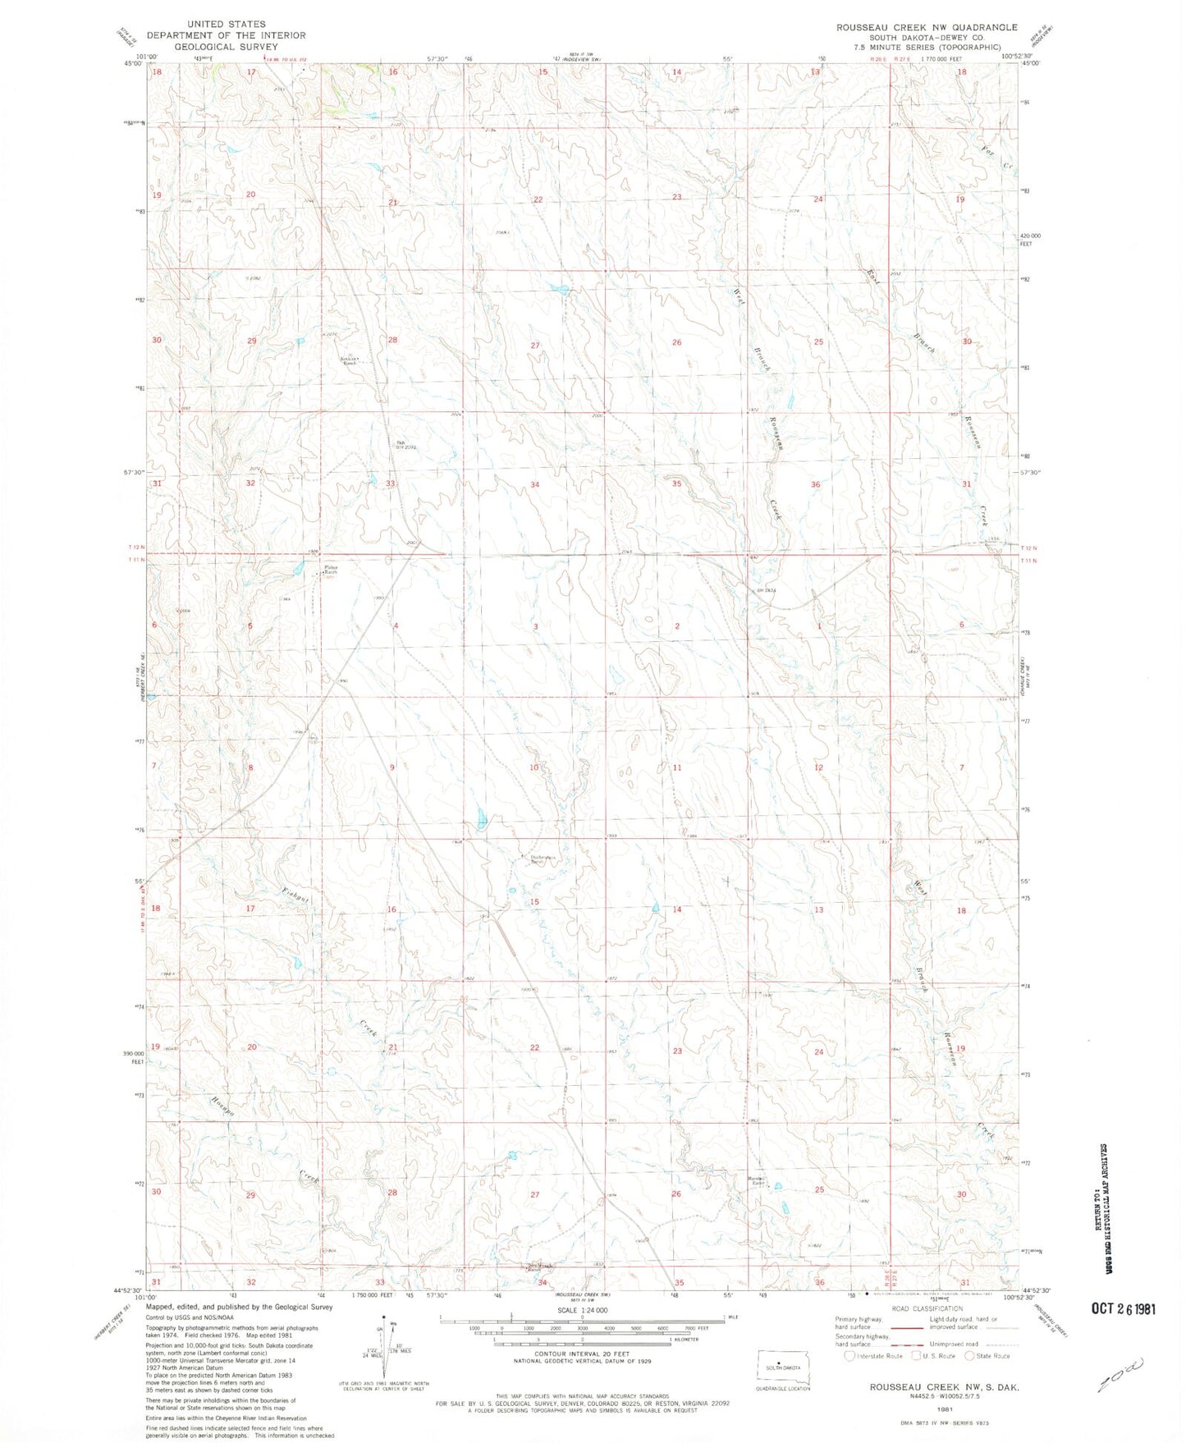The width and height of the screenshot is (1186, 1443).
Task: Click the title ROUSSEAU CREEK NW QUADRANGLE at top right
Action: tap(927, 27)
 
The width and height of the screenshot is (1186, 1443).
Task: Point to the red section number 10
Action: tap(534, 767)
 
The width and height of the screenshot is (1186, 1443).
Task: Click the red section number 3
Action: tap(535, 626)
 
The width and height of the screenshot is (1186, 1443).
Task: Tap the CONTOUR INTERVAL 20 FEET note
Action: tap(582, 1367)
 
